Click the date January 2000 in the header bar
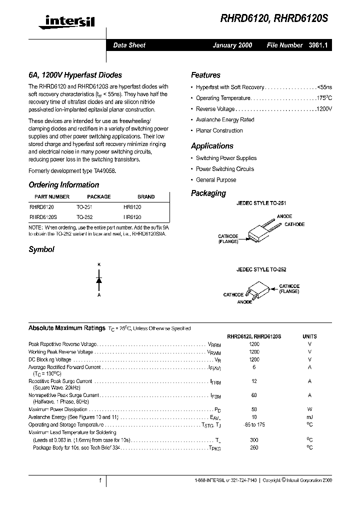(x=232, y=45)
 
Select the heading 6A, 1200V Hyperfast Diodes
(x=75, y=75)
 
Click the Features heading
(x=205, y=75)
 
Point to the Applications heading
(x=212, y=146)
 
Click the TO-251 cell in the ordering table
(x=84, y=206)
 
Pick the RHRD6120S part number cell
(x=43, y=217)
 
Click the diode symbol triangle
(x=99, y=280)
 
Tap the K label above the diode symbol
(x=99, y=263)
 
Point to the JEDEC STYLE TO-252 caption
(x=261, y=269)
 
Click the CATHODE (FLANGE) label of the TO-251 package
(x=228, y=238)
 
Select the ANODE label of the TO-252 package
(x=244, y=302)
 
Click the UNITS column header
(x=309, y=337)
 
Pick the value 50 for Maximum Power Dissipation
(x=254, y=409)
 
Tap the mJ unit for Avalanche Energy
(x=309, y=417)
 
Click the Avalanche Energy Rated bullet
(x=225, y=120)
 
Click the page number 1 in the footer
(x=100, y=480)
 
